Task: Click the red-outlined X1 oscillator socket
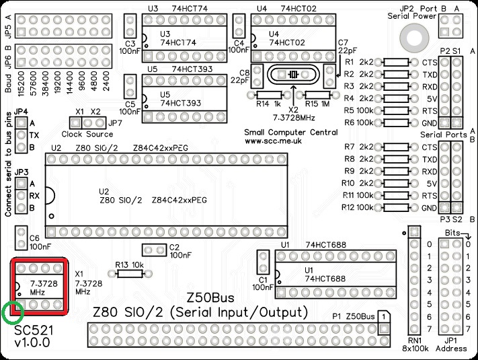40,286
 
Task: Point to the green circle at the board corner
12,312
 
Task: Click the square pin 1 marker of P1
382,316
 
